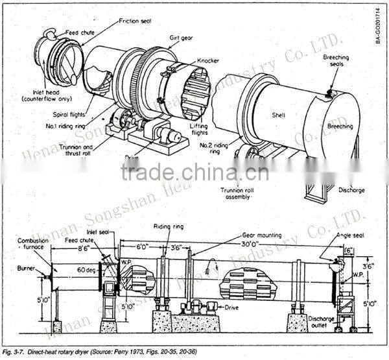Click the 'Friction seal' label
pyautogui.click(x=134, y=21)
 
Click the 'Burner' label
pyautogui.click(x=25, y=266)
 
